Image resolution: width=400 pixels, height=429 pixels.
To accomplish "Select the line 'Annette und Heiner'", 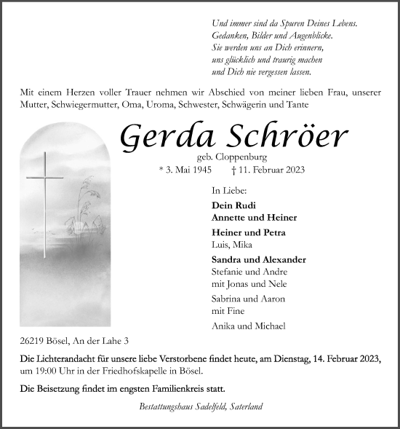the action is coord(254,217).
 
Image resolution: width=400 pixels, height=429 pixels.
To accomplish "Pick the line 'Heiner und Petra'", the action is coord(248,232).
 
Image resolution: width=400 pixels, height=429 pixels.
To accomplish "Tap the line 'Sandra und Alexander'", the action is coord(258,259).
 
